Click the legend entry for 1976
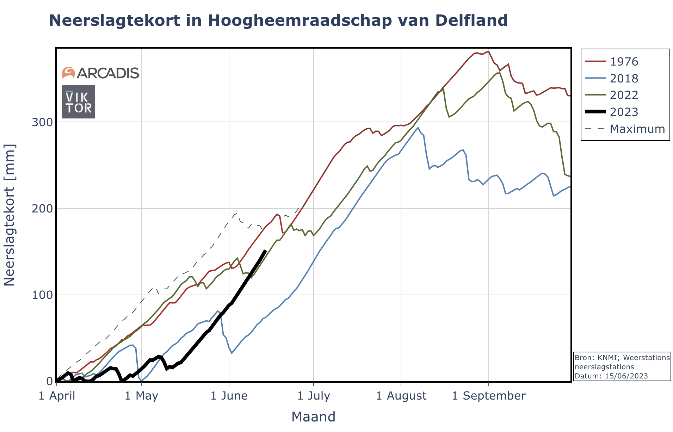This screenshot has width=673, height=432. (624, 61)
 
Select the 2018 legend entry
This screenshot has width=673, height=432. (624, 78)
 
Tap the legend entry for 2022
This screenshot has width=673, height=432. (624, 95)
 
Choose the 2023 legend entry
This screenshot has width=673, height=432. (624, 112)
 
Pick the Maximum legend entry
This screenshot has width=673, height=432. (637, 129)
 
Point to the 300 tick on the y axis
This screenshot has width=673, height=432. (42, 122)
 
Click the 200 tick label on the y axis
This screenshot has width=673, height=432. (42, 209)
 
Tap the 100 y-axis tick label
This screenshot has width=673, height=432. (42, 295)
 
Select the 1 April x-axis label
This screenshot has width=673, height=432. (57, 396)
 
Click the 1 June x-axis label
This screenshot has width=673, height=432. (229, 396)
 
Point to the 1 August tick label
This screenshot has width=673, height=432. (401, 396)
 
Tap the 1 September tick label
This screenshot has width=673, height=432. (488, 396)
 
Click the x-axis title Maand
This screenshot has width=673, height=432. (313, 417)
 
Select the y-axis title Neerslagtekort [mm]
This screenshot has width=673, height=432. (10, 215)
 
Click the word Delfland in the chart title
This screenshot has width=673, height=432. (471, 20)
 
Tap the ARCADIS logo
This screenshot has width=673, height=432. (100, 73)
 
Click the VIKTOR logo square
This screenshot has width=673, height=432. (79, 102)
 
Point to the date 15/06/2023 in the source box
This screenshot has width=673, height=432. (626, 376)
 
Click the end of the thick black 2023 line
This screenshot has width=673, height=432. (265, 251)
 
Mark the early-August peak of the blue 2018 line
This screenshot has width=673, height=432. (418, 128)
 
